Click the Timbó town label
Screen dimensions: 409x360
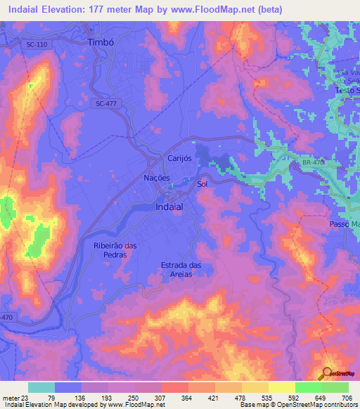pyautogui.click(x=101, y=42)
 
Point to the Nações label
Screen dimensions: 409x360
pyautogui.click(x=157, y=178)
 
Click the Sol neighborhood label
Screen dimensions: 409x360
pyautogui.click(x=202, y=184)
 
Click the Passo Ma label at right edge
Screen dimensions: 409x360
pyautogui.click(x=345, y=223)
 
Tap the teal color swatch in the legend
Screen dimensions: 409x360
pyautogui.click(x=41, y=387)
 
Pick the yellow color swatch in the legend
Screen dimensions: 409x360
pyautogui.click(x=281, y=387)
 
